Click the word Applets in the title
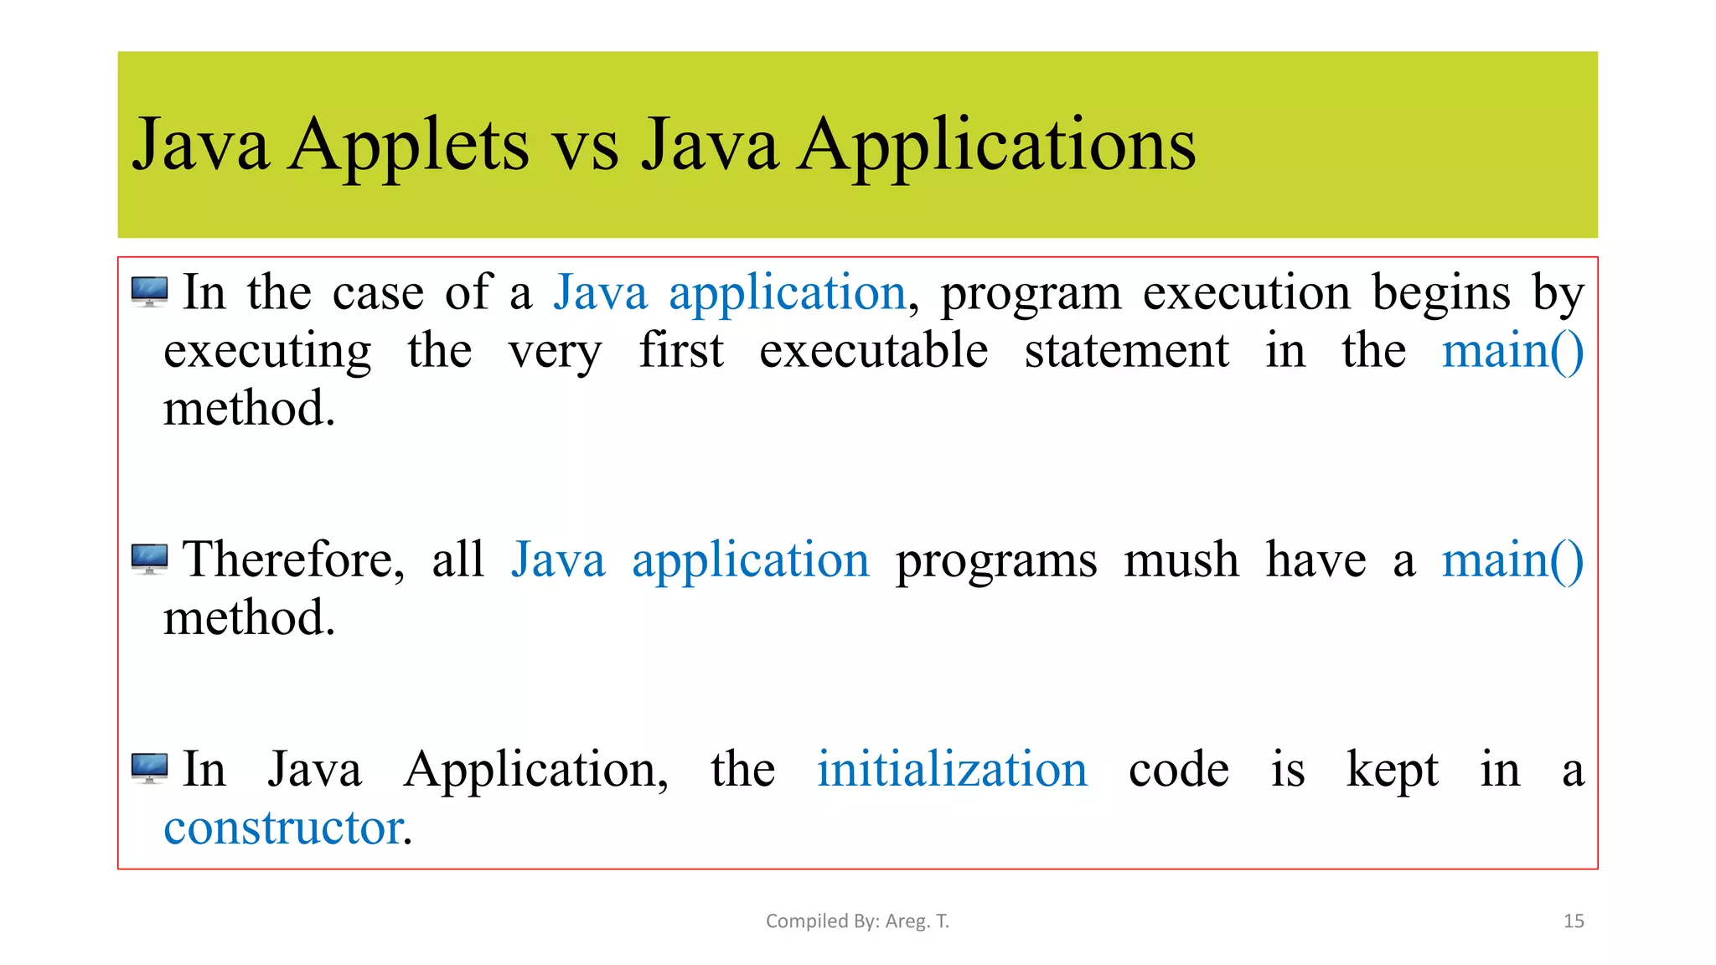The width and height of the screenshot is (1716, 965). click(x=408, y=147)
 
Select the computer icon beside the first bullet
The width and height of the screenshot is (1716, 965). click(x=150, y=292)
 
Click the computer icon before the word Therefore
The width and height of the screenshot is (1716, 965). click(x=150, y=559)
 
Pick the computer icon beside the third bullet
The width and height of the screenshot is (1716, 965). click(x=150, y=767)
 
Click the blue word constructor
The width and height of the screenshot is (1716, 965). click(x=284, y=828)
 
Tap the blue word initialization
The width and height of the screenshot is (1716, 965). click(x=952, y=769)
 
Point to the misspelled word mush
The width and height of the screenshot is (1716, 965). click(x=1181, y=560)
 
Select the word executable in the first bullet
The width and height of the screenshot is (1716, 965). click(x=873, y=350)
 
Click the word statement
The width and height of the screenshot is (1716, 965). click(x=1126, y=350)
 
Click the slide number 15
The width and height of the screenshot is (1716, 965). click(x=1574, y=921)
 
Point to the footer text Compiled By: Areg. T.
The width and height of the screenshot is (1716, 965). click(x=857, y=921)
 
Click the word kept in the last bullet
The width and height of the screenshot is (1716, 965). click(x=1392, y=769)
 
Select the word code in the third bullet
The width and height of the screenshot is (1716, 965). click(x=1178, y=769)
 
